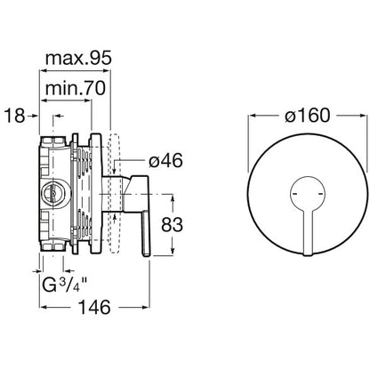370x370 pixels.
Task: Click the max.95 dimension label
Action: click(x=78, y=58)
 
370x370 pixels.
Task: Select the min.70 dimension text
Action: click(x=76, y=88)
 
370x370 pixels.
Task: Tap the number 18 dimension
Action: click(x=15, y=116)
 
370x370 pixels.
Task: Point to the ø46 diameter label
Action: click(x=165, y=161)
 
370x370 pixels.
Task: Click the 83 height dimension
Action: click(x=172, y=225)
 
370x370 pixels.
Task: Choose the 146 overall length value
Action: click(x=94, y=307)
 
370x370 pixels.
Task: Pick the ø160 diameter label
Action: click(x=308, y=116)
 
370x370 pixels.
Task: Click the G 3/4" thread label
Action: click(x=65, y=286)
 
